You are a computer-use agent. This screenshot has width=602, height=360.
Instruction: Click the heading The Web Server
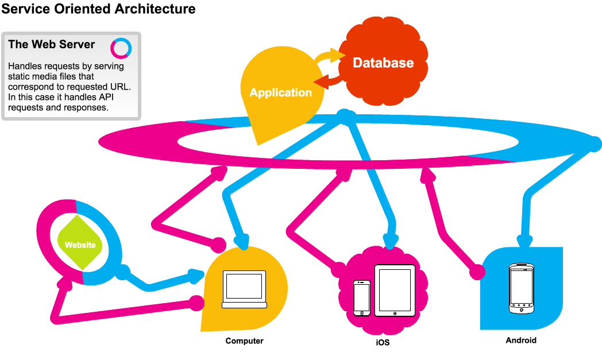pos(52,45)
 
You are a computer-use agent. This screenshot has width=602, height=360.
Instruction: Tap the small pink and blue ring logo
pos(121,48)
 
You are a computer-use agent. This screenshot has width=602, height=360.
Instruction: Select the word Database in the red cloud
pos(383,63)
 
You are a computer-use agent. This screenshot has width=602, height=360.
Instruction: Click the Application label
pos(281,92)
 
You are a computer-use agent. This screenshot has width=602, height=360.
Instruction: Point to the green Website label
pos(80,245)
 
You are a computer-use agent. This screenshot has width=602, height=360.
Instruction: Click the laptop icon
pos(244,289)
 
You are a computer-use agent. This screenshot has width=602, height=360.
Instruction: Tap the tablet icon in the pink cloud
pos(395,290)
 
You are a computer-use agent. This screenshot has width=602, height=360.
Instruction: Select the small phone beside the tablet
pos(362,297)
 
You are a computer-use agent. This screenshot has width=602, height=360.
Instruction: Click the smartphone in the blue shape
pos(522,288)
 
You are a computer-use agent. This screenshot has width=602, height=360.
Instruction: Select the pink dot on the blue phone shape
pos(477,272)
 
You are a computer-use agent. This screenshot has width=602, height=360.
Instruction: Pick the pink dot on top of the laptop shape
pos(218,244)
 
